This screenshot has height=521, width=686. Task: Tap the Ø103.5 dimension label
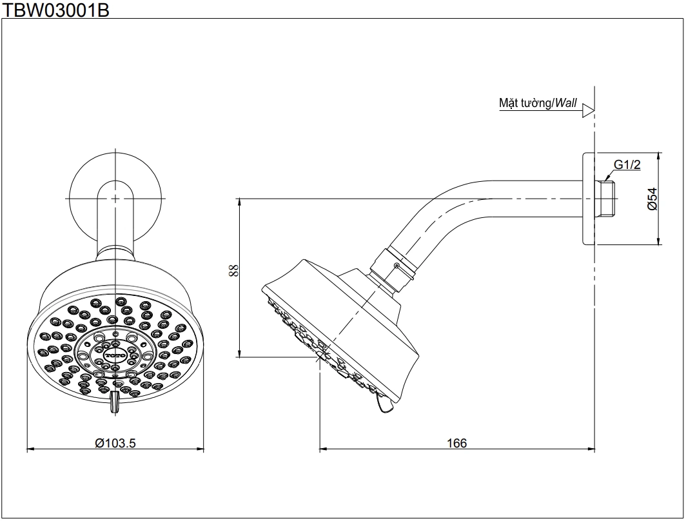116,443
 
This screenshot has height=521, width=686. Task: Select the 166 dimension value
456,443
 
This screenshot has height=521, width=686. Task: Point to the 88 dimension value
233,271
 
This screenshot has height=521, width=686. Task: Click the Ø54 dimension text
652,199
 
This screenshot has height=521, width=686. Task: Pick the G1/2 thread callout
627,166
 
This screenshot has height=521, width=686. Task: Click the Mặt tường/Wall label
538,103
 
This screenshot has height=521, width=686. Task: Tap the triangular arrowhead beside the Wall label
587,111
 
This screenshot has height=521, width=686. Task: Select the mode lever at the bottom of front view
115,401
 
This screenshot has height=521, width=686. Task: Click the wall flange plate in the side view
588,199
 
